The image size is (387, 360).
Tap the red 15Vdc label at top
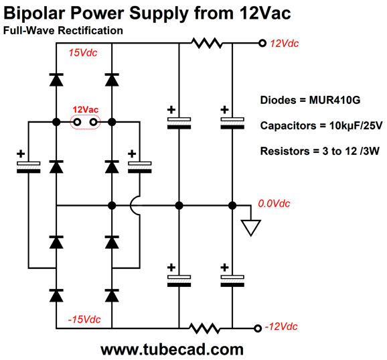[82, 52]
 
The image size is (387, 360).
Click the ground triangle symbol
[250, 227]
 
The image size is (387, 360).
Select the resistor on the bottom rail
[205, 328]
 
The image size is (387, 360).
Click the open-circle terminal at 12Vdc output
[262, 44]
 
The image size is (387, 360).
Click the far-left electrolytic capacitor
[28, 165]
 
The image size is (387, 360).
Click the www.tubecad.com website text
[171, 349]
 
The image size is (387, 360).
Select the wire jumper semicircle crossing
[136, 205]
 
